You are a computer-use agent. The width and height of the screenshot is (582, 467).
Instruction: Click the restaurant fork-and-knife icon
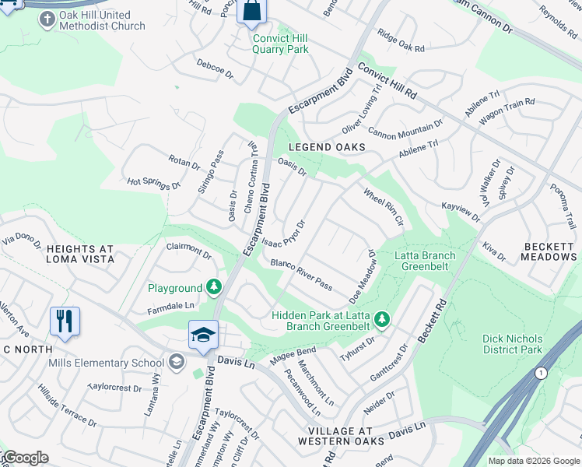(65, 321)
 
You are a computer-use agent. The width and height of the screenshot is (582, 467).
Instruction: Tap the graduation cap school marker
(204, 335)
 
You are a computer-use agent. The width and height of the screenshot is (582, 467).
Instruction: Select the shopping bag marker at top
(252, 11)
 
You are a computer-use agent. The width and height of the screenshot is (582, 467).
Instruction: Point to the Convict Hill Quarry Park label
(280, 44)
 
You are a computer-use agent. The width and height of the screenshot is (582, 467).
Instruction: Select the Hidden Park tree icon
(381, 318)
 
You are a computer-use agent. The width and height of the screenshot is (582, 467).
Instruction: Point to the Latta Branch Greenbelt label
(424, 261)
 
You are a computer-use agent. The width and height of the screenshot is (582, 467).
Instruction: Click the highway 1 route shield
(542, 374)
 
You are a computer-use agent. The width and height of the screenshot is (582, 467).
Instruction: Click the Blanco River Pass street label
(301, 275)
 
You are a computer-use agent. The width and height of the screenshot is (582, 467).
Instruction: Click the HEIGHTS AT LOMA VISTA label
(80, 255)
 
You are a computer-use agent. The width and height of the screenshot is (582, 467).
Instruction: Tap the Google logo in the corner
(25, 458)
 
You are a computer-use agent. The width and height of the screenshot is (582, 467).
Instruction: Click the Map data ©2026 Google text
(533, 461)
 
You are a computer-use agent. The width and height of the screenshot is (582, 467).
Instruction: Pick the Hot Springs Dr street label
(154, 184)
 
